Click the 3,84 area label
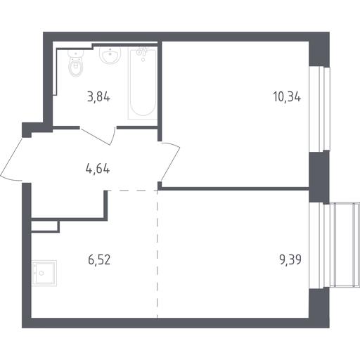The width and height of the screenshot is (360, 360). point(98,97)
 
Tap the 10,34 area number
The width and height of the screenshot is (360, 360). point(287,97)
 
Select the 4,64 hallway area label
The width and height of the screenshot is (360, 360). point(98,169)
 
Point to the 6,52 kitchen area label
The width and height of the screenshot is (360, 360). point(99,259)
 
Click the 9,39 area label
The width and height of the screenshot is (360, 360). point(290,259)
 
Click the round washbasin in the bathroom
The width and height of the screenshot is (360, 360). point(110,56)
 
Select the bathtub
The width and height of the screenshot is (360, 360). point(143,83)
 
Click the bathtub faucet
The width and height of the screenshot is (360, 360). point(141,52)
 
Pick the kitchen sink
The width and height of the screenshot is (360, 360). point(44,273)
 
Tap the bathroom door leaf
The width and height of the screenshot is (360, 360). point(95,136)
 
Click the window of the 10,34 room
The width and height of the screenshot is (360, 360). point(319,109)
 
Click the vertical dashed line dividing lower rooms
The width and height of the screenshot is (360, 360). point(157,254)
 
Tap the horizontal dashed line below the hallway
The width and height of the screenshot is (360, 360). point(133,191)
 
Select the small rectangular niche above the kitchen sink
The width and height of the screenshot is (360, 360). point(44,226)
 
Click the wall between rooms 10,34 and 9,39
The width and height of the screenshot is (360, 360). point(235,188)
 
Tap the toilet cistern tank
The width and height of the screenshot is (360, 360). point(75,54)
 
